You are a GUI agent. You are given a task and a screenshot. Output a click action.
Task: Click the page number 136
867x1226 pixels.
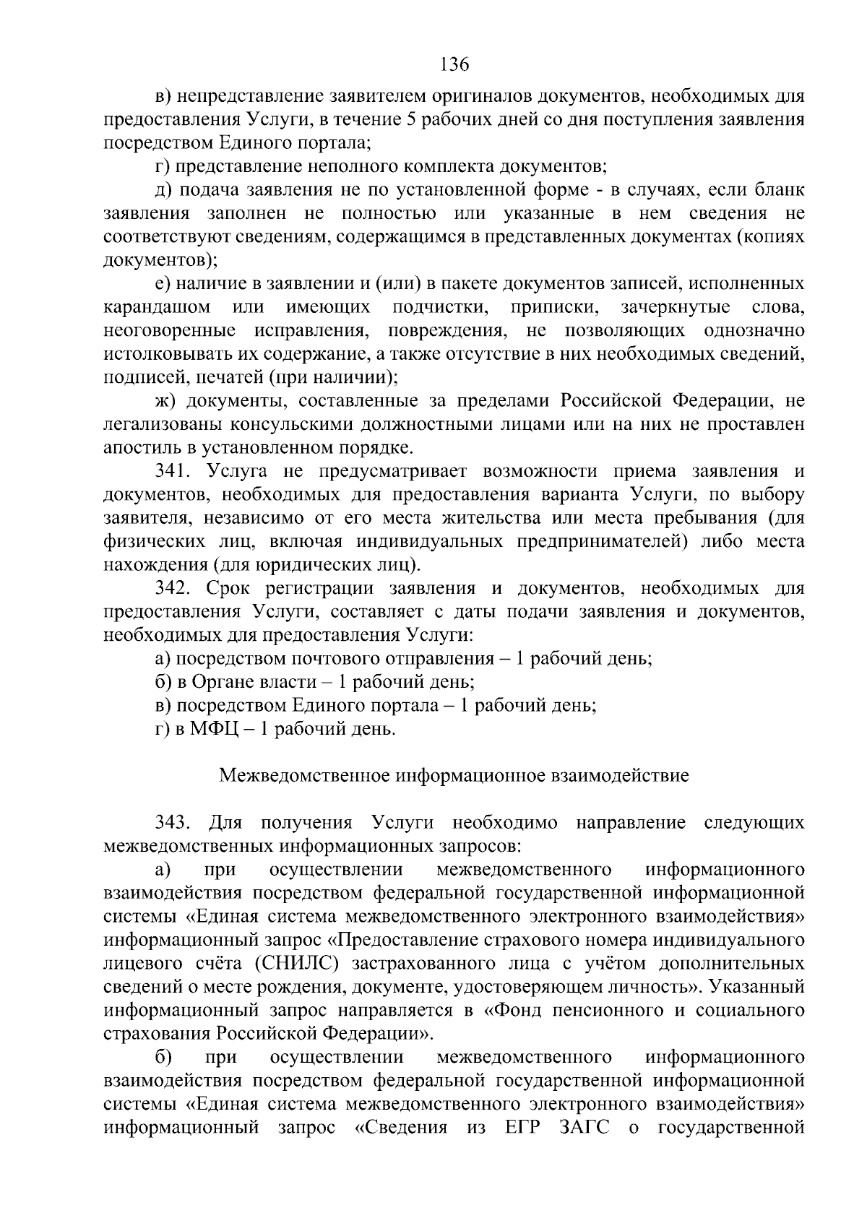click(454, 64)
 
